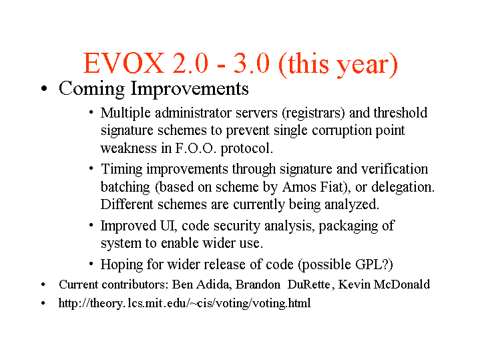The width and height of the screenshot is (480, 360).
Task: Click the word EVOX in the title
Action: tap(124, 63)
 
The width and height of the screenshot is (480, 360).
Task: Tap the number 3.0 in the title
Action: tap(252, 63)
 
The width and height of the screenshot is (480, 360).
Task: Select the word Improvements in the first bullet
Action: tap(190, 89)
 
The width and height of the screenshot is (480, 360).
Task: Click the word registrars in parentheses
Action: tap(314, 114)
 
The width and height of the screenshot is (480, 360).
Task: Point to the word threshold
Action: tap(401, 112)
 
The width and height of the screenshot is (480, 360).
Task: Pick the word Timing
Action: tap(122, 170)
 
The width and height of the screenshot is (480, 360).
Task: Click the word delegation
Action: tap(403, 187)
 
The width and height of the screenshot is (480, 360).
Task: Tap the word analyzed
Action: tap(352, 204)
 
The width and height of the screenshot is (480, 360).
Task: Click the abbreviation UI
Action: tap(168, 226)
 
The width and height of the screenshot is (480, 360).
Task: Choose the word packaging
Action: tap(348, 226)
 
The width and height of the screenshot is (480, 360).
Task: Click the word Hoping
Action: tap(122, 265)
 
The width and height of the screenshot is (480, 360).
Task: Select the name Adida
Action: tap(214, 285)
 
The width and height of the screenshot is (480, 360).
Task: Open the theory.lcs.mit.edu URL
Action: tap(184, 303)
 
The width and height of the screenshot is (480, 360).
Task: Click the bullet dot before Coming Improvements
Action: tap(44, 89)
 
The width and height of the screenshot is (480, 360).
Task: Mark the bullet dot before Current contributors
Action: tap(43, 285)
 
